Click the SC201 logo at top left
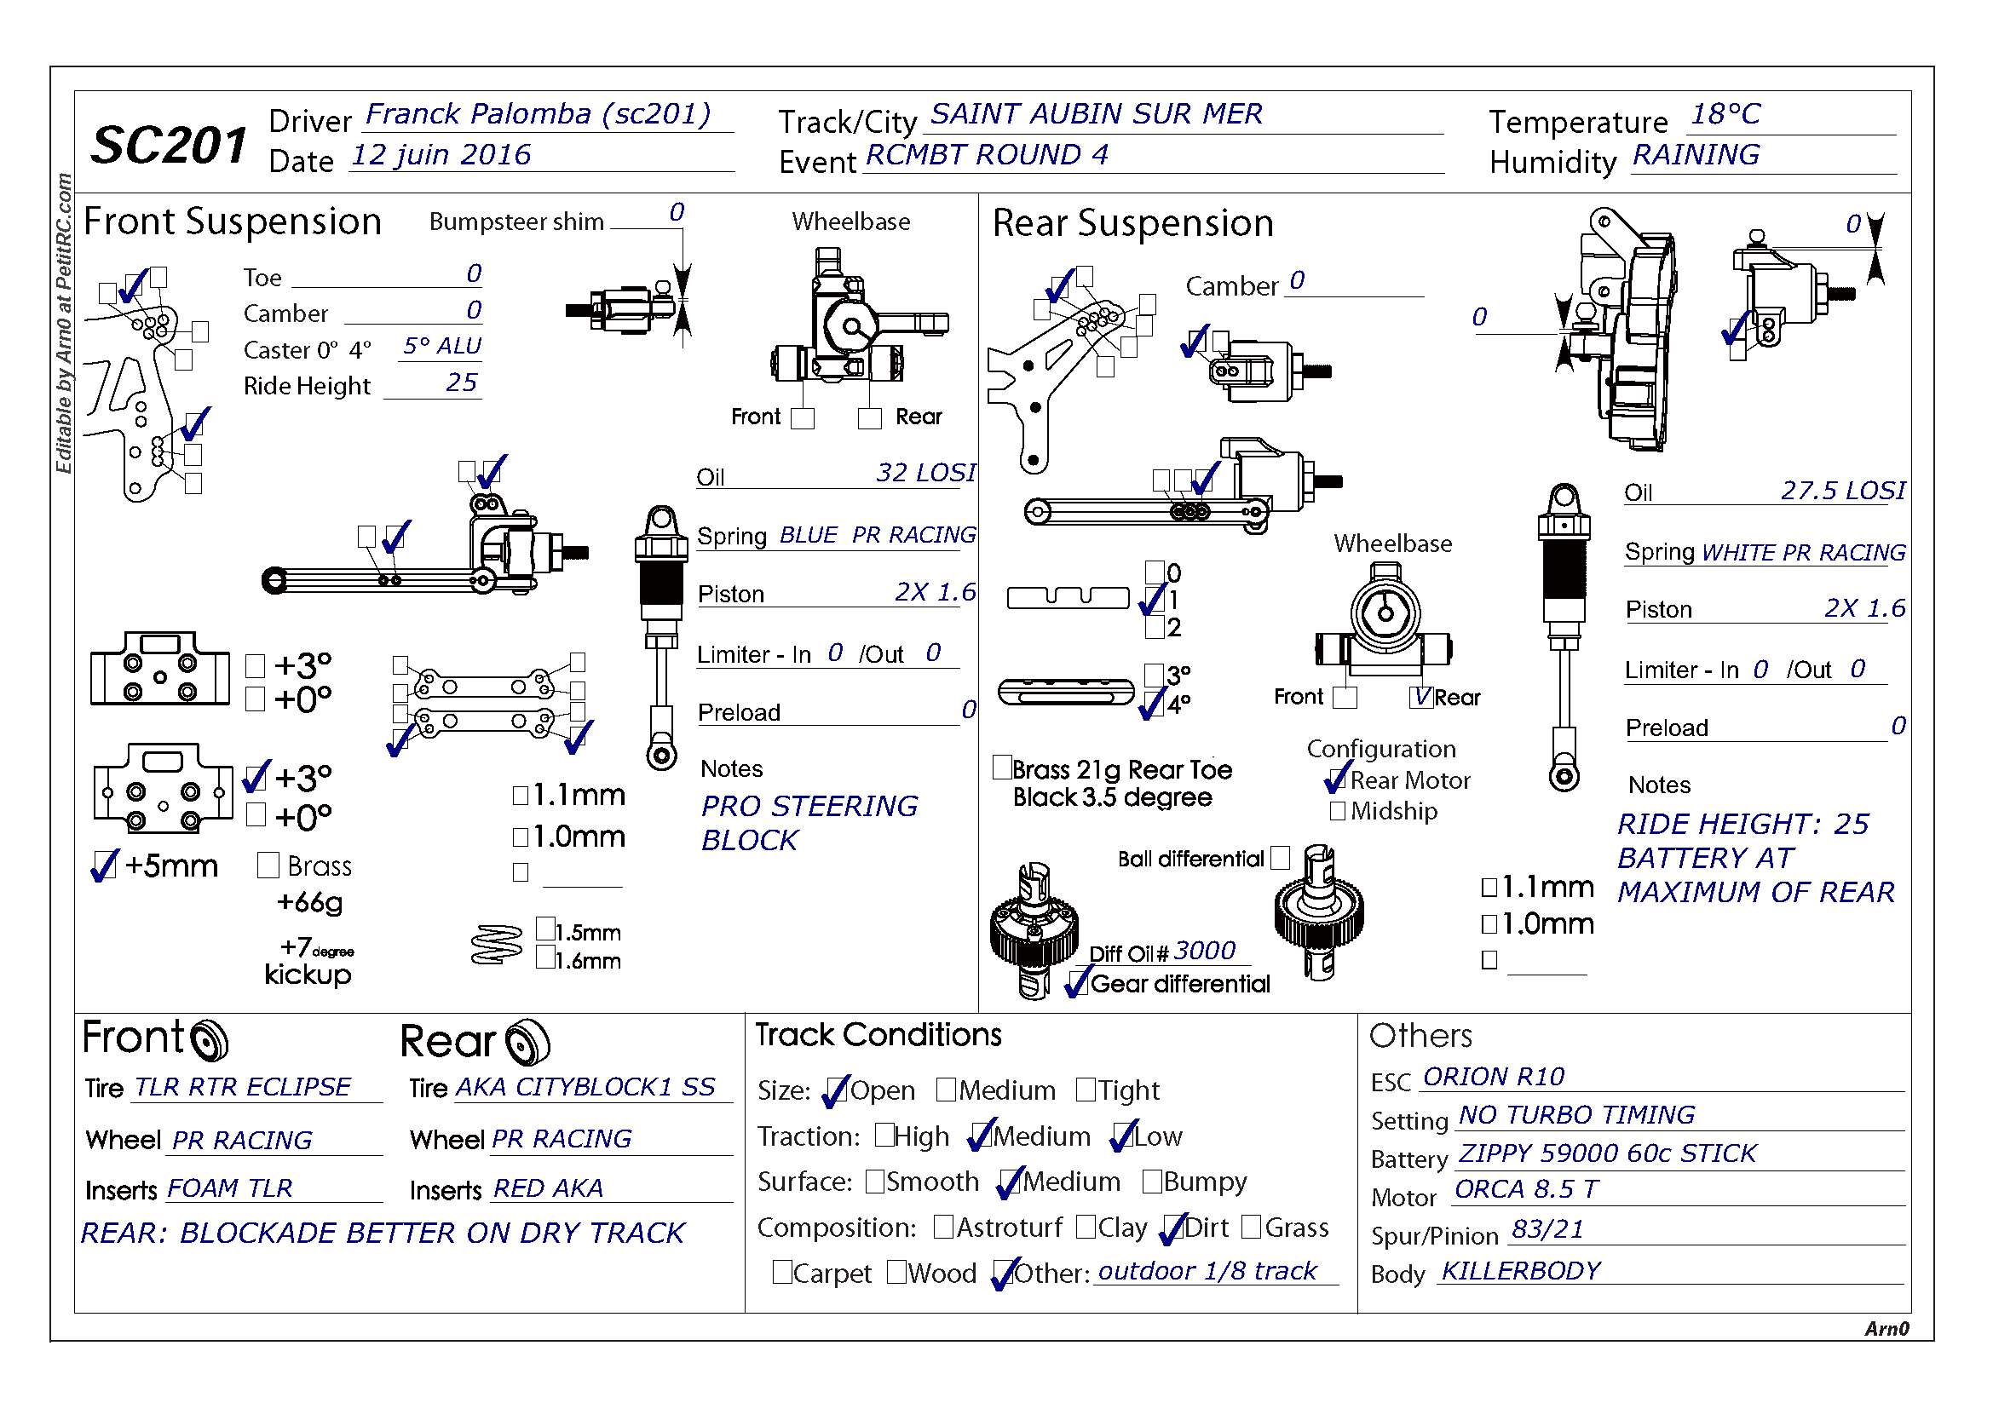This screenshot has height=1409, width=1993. [x=169, y=144]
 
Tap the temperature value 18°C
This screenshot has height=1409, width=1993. [x=1725, y=114]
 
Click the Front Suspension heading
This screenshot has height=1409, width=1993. [x=233, y=222]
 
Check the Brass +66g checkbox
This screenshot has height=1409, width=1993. [x=268, y=865]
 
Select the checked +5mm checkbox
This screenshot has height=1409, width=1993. [x=103, y=865]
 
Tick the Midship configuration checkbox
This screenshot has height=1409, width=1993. [x=1338, y=811]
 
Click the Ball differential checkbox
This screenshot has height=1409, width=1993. [x=1281, y=858]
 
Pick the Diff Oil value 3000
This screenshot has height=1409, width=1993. [x=1204, y=951]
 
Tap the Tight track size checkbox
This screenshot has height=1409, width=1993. [x=1086, y=1090]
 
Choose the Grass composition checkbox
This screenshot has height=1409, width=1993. [x=1252, y=1227]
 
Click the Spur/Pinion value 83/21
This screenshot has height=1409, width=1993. [x=1547, y=1229]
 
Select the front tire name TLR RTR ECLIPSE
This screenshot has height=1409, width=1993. [x=242, y=1087]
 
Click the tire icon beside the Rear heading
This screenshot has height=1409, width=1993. [x=527, y=1042]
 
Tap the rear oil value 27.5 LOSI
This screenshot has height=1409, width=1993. [x=1842, y=491]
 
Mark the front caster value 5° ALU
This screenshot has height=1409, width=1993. [x=441, y=346]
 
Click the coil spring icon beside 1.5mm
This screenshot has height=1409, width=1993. [x=497, y=946]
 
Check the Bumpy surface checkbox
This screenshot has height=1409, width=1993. [x=1152, y=1182]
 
